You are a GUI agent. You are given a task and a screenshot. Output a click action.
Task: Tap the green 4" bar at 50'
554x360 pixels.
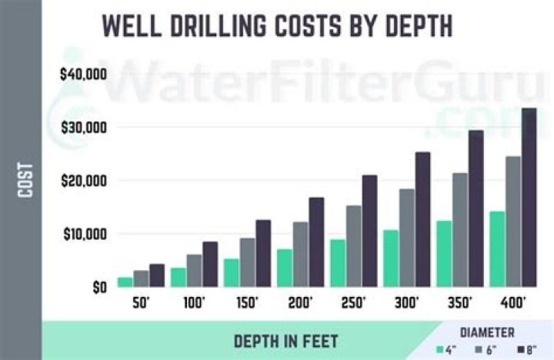tap(125, 282)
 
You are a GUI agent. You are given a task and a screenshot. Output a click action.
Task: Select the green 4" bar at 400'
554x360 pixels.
tap(497, 249)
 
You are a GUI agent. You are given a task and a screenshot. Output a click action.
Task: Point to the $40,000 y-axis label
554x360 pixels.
tap(82, 75)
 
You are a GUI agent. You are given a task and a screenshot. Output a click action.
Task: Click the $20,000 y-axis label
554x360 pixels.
tap(82, 181)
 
